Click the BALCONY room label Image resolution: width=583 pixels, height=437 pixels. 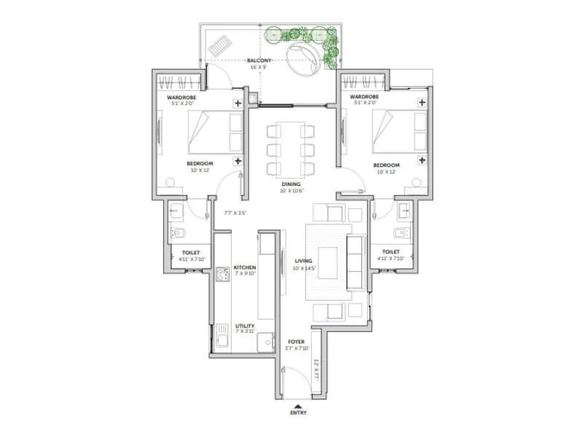(x=259, y=60)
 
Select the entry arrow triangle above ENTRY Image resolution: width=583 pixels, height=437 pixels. (x=297, y=405)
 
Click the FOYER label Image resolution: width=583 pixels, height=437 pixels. (x=295, y=340)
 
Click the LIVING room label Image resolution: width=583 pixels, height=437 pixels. (x=303, y=261)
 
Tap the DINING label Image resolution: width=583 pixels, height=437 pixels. (x=291, y=184)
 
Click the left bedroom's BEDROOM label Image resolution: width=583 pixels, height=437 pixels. (x=199, y=164)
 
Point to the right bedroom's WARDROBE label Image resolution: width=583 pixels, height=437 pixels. (x=364, y=96)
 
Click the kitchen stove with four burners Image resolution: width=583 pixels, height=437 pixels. (x=222, y=275)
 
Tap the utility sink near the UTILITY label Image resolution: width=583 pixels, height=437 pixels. (x=222, y=336)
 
